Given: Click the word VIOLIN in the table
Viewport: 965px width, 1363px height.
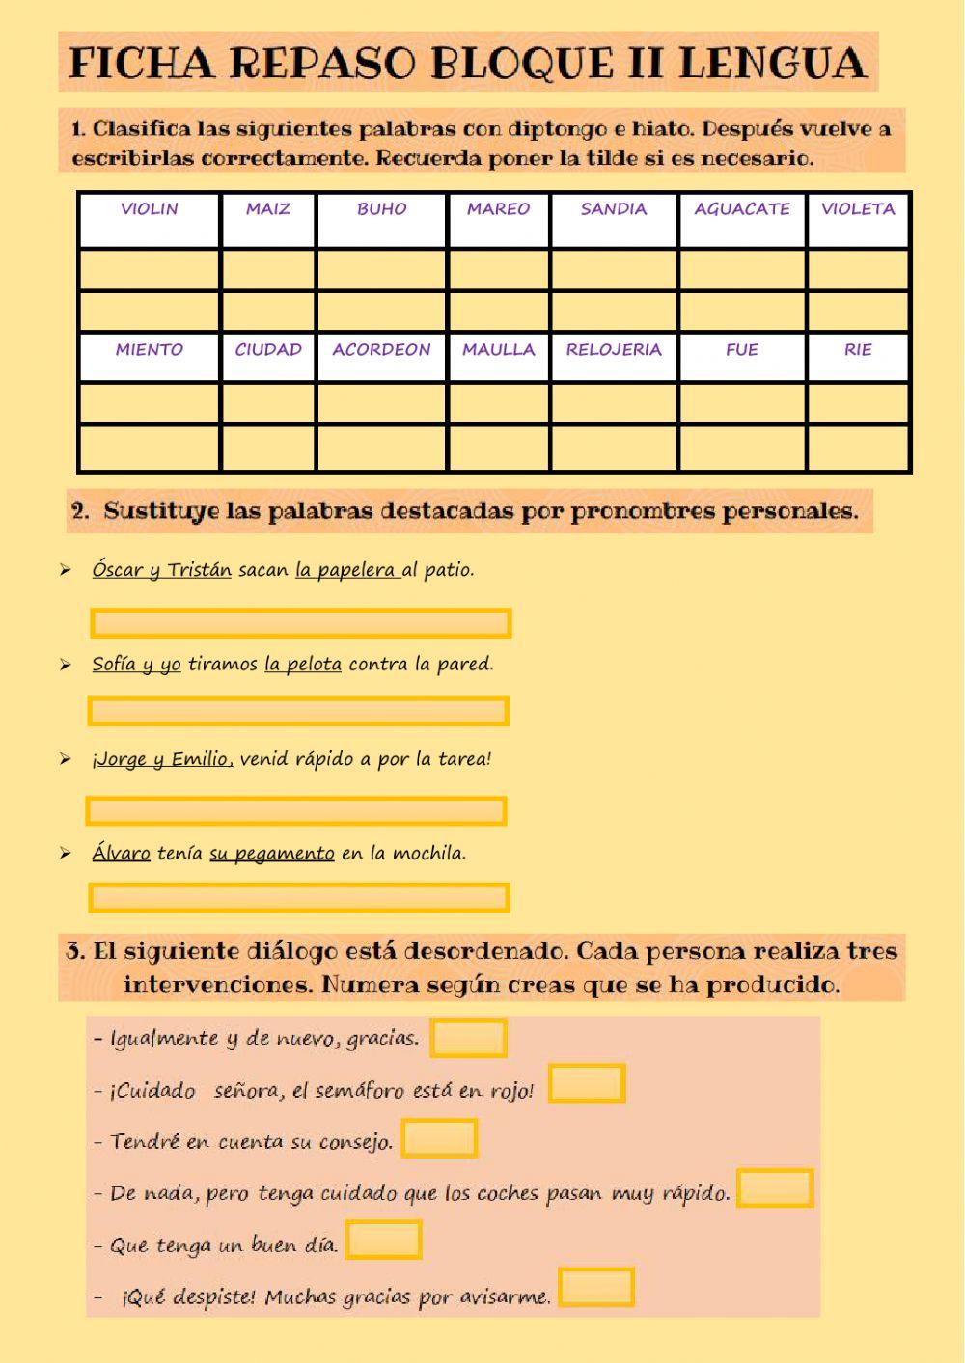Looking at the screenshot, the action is [x=150, y=209].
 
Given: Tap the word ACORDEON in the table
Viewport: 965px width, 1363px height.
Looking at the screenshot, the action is [x=381, y=350].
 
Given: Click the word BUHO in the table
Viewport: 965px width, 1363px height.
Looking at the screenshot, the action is [x=381, y=209].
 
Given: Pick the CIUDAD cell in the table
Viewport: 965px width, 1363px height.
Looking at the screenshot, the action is [x=268, y=350].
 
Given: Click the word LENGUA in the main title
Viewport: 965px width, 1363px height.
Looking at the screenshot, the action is [x=772, y=64].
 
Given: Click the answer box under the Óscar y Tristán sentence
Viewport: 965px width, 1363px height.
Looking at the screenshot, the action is [x=300, y=623].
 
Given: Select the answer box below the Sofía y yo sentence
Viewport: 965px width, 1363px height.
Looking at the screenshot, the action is [x=298, y=712].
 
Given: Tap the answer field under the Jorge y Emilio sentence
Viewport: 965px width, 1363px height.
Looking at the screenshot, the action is [x=296, y=810].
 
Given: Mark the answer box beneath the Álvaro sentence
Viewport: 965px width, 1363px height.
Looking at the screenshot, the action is [x=298, y=898].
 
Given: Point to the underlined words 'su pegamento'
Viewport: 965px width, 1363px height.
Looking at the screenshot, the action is [x=272, y=854].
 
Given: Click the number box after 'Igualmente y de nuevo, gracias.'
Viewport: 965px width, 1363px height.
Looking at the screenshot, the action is [x=469, y=1039].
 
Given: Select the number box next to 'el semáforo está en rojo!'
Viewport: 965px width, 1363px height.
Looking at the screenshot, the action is [x=587, y=1083].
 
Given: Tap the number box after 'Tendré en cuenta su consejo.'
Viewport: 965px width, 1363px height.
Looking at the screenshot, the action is [x=439, y=1138].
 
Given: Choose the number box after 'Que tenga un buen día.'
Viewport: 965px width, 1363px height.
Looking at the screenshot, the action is [x=384, y=1240].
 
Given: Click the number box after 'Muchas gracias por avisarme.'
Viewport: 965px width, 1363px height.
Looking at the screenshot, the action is [x=596, y=1288].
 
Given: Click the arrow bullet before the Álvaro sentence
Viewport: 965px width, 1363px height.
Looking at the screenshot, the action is [x=65, y=854].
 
